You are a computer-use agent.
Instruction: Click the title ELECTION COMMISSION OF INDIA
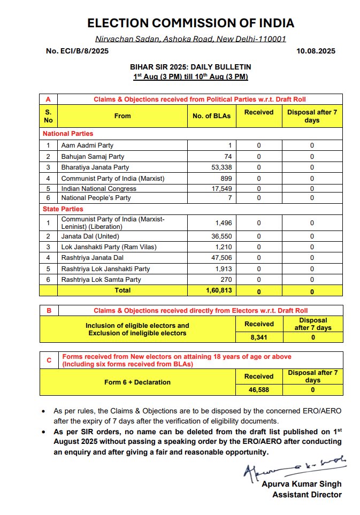pos(190,23)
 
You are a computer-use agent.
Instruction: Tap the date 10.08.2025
pos(316,51)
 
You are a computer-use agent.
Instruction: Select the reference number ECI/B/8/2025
pos(78,51)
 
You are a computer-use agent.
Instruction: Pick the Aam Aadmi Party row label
pos(87,145)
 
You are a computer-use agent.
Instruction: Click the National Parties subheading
pos(68,134)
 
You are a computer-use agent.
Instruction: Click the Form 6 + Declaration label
pos(137,382)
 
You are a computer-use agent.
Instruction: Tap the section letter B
pos(49,310)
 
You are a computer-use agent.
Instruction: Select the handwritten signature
pos(293,466)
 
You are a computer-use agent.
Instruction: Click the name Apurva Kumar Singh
pos(301,484)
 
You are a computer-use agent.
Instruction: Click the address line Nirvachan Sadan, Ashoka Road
pos(190,39)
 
